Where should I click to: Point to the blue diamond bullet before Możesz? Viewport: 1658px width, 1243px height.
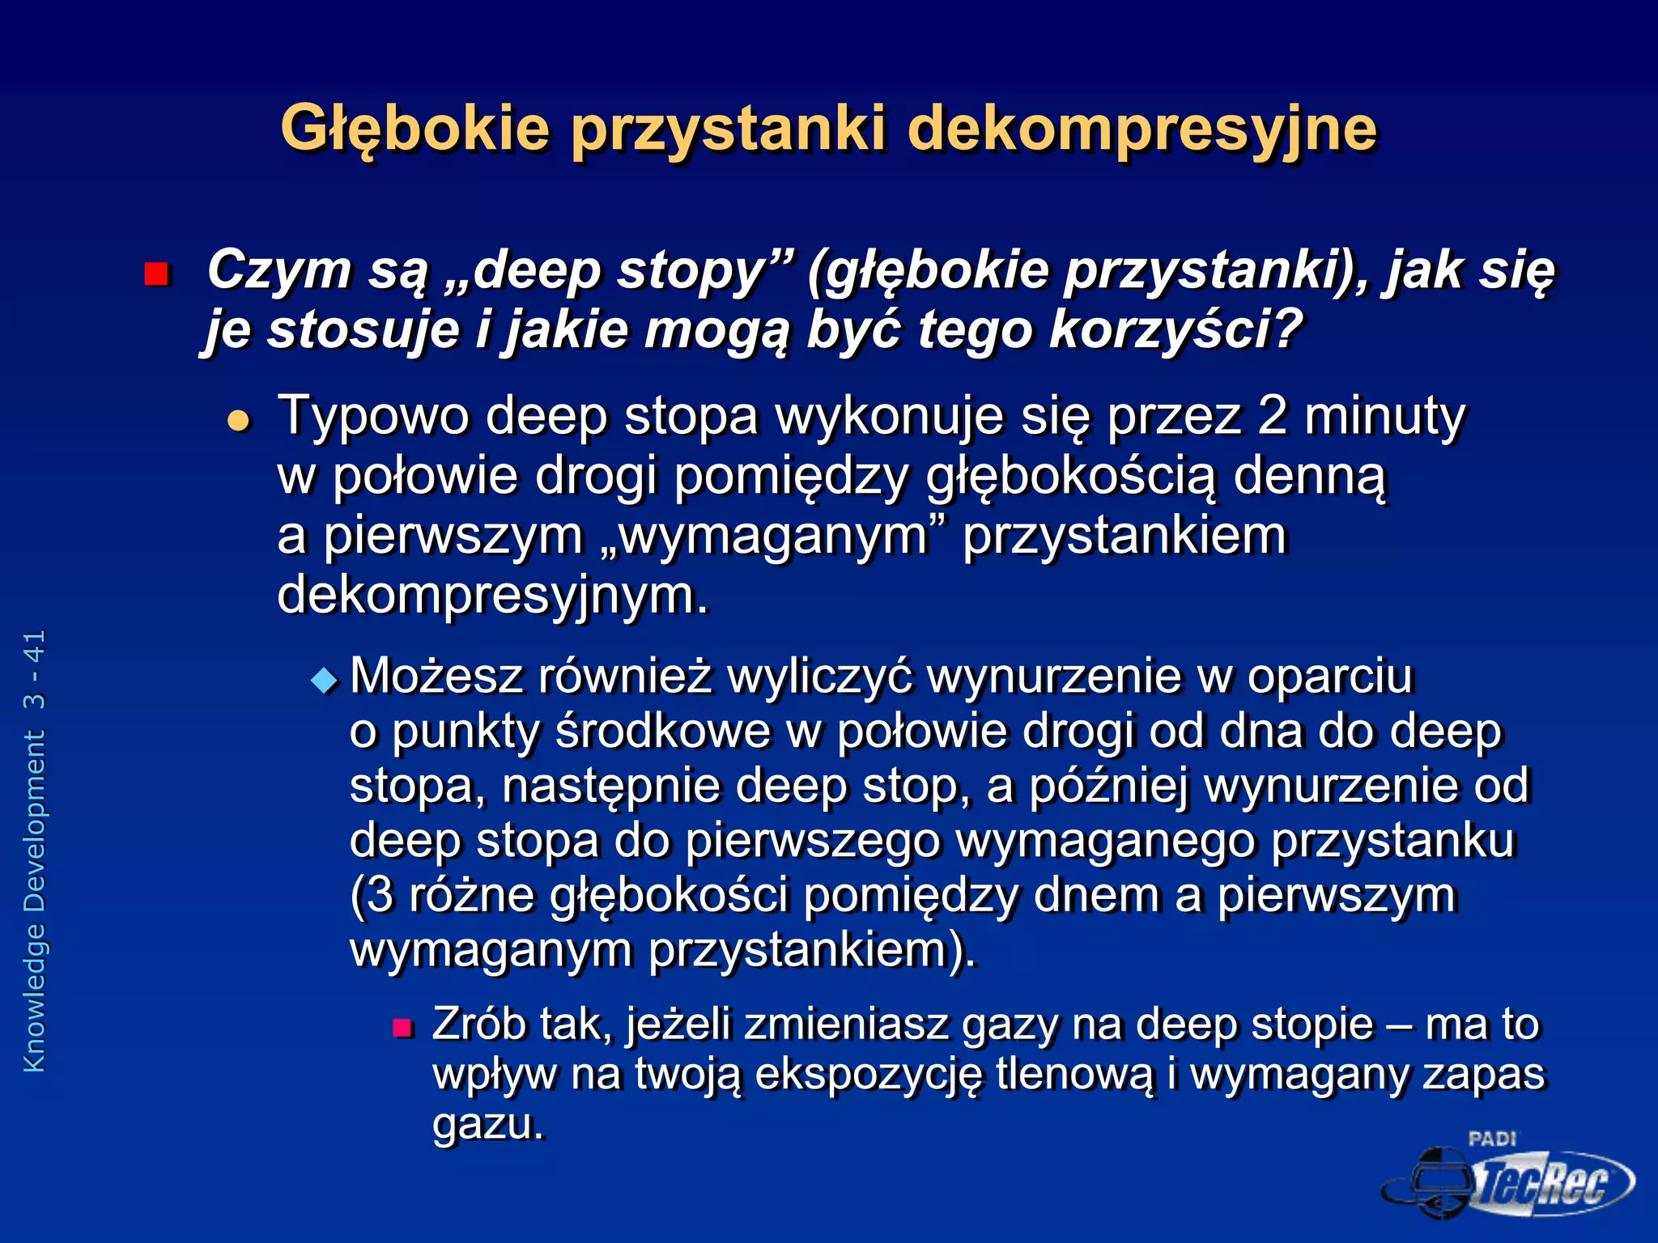pyautogui.click(x=325, y=681)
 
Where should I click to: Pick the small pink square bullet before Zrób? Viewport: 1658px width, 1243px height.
pyautogui.click(x=402, y=1029)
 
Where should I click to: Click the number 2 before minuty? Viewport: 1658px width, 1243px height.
pyautogui.click(x=1272, y=416)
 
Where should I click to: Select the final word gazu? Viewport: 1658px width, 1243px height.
pyautogui.click(x=487, y=1125)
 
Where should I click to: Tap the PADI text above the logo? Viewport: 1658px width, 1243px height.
pyautogui.click(x=1492, y=1139)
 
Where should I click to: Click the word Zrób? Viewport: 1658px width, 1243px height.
pyautogui.click(x=479, y=1025)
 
